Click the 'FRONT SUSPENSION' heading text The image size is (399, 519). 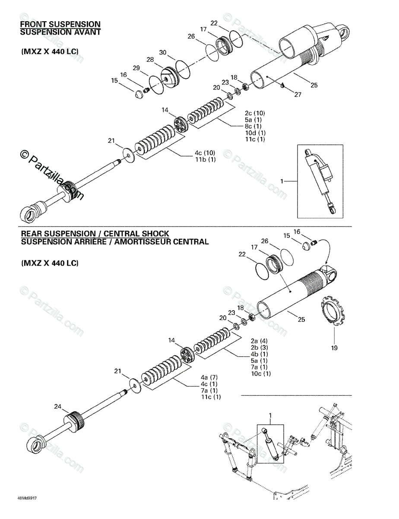(x=60, y=25)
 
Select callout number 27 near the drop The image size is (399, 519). (x=298, y=94)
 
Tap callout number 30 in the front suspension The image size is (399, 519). (x=162, y=52)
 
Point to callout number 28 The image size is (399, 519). (x=150, y=59)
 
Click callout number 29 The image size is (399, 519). (x=136, y=68)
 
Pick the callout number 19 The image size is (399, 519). (x=334, y=347)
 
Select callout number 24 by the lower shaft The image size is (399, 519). (x=58, y=406)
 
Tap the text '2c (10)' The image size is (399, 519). (x=253, y=112)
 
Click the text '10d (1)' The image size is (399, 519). (x=255, y=133)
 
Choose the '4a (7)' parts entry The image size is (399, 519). (x=209, y=377)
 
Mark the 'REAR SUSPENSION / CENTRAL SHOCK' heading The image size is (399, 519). (x=95, y=234)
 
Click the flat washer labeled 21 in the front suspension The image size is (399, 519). (x=128, y=154)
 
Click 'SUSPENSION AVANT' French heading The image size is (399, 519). (x=60, y=32)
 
